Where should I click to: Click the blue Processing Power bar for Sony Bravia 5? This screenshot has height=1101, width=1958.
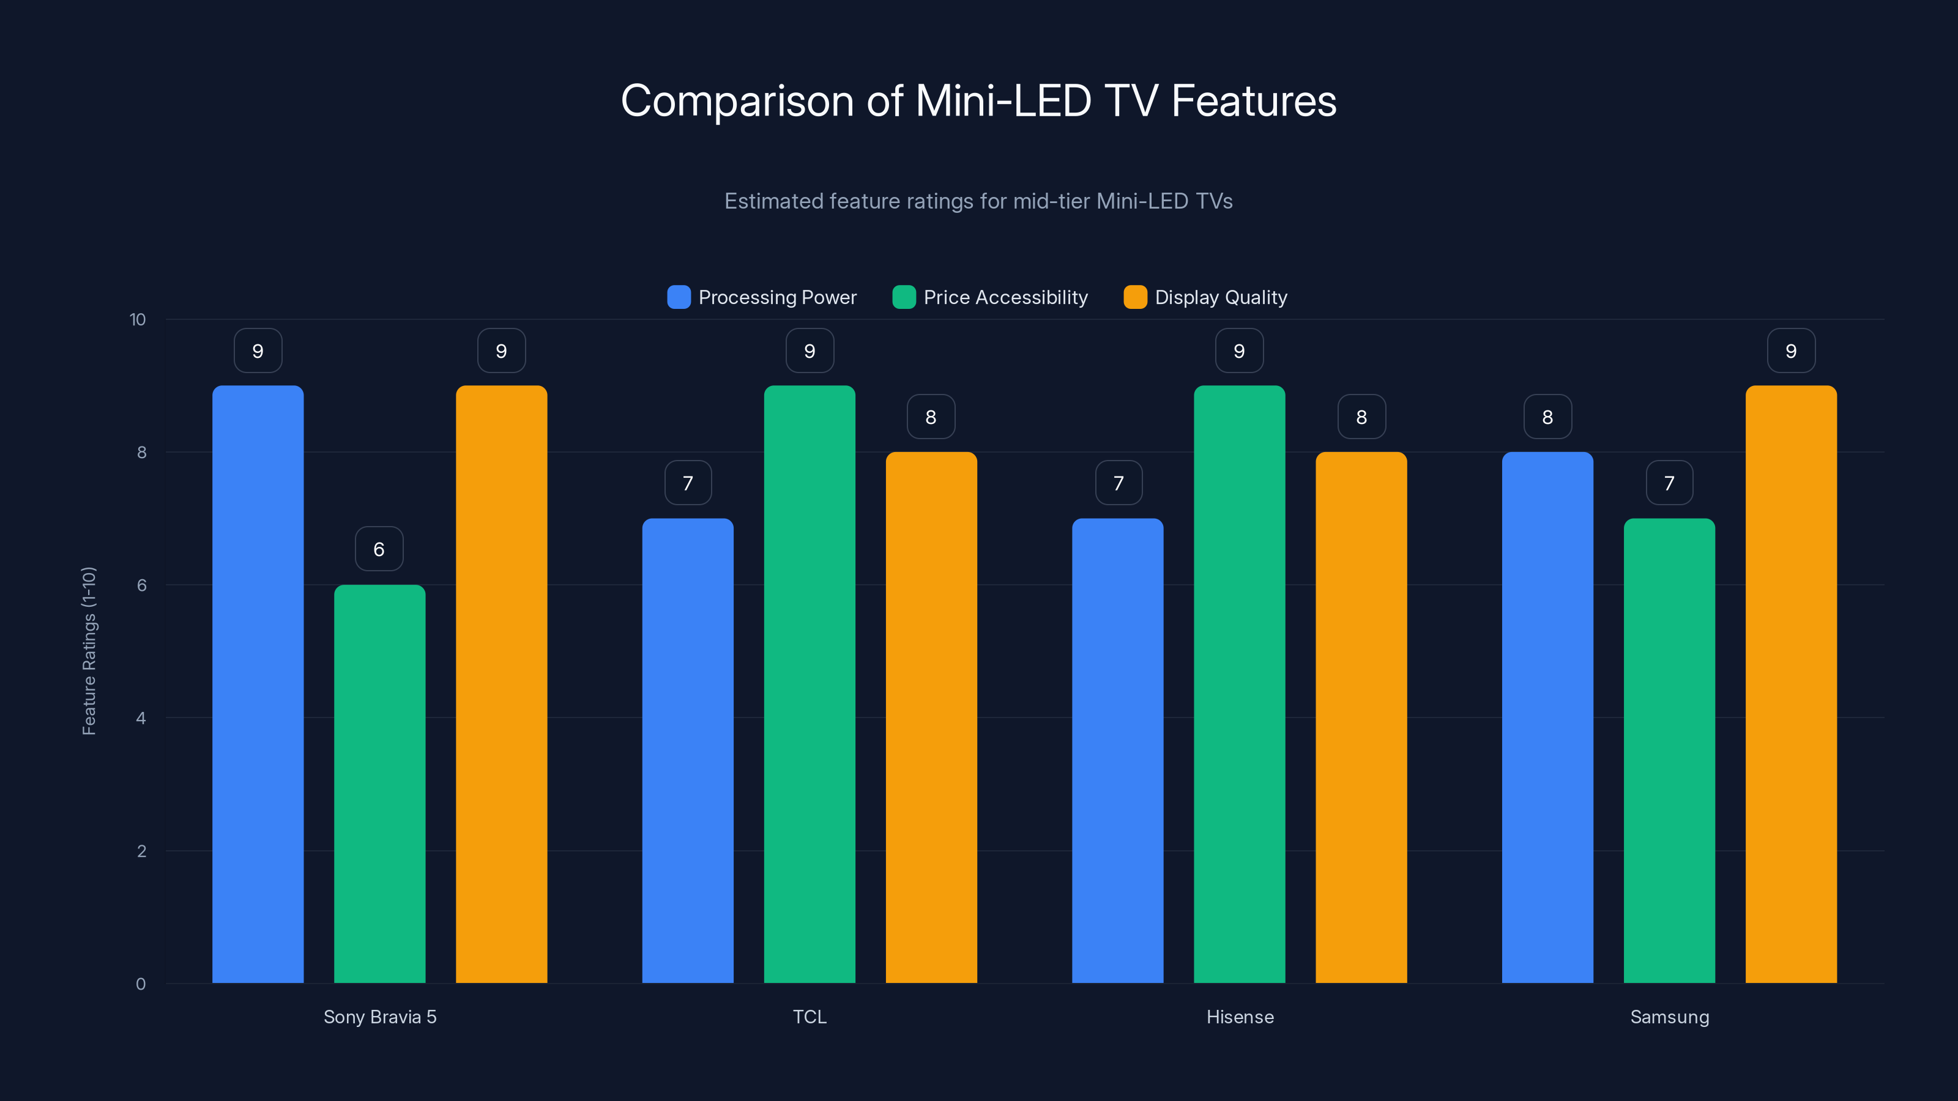click(x=258, y=684)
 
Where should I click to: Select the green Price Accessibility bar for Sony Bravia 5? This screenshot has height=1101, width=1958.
click(x=379, y=783)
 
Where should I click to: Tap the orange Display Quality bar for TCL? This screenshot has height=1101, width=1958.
click(x=931, y=717)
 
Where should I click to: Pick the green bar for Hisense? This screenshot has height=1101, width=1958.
click(x=1239, y=684)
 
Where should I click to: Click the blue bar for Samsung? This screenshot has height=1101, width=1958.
click(x=1547, y=717)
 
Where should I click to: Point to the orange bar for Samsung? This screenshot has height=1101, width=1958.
click(x=1791, y=684)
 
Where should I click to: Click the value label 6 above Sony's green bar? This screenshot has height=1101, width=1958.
click(x=379, y=549)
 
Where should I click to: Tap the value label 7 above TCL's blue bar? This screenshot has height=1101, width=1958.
click(x=688, y=483)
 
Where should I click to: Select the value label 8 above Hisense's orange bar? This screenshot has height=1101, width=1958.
click(x=1361, y=417)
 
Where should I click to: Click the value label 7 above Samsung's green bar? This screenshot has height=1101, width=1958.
click(x=1669, y=483)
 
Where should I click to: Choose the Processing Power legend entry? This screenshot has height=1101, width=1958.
click(x=762, y=297)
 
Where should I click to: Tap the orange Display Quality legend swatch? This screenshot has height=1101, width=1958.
click(x=1135, y=297)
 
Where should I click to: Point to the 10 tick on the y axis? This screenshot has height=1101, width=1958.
click(x=138, y=319)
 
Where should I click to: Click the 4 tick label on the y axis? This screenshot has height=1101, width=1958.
click(x=141, y=718)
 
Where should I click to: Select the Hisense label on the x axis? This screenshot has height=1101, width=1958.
click(x=1240, y=1017)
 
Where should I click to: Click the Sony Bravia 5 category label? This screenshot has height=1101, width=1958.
click(x=379, y=1017)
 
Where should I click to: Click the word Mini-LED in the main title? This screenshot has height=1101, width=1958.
click(x=1003, y=101)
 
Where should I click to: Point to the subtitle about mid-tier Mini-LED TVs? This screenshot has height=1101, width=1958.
click(x=978, y=201)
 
